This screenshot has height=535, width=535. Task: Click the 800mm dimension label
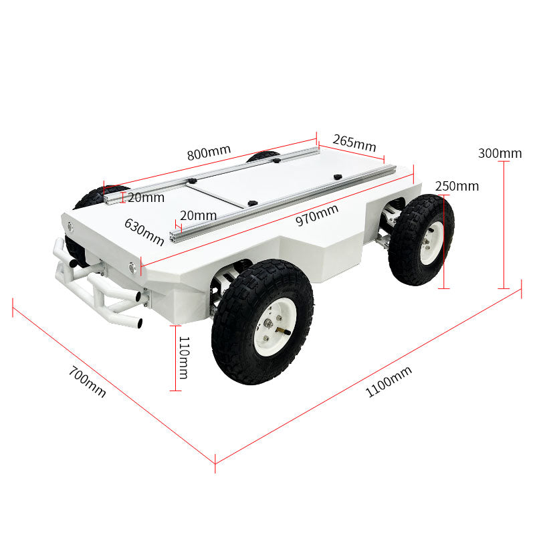209,152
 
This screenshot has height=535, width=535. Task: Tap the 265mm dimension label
354,142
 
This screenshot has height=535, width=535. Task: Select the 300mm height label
500,153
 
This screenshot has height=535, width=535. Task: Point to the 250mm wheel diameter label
457,187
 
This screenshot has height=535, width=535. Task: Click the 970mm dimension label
317,215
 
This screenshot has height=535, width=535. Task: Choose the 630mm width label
144,232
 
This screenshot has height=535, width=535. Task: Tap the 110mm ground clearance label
183,358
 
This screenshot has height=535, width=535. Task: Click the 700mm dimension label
88,381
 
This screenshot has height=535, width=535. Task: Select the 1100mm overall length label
389,382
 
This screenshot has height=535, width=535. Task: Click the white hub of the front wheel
275,326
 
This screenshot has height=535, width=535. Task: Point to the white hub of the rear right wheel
431,243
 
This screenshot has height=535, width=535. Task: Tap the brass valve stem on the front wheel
284,330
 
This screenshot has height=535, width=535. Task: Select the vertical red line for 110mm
175,358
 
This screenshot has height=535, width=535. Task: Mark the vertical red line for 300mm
504,225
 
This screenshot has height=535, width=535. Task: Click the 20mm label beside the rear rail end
146,197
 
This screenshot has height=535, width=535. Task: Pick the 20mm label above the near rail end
198,215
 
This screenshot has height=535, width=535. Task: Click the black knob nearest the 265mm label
338,177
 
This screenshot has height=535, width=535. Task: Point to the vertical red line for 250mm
443,241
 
